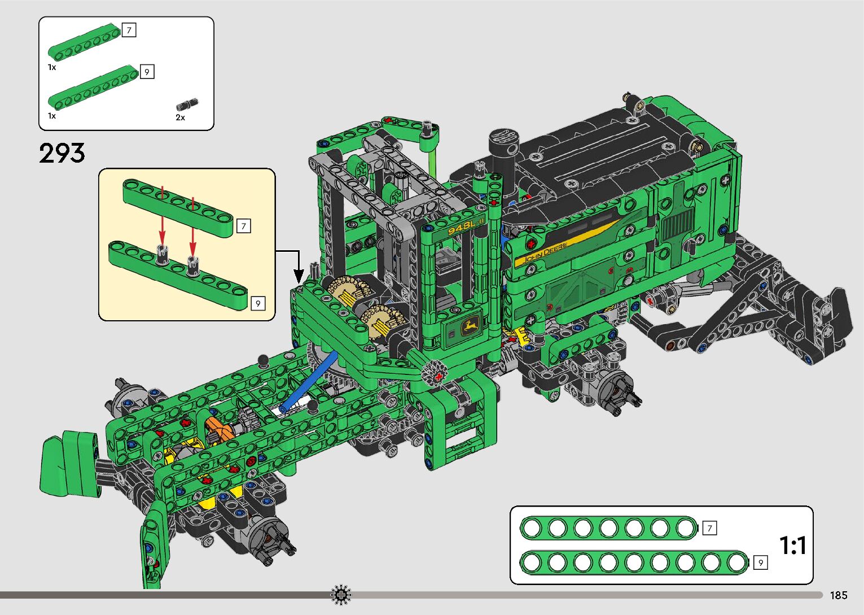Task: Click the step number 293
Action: click(62, 153)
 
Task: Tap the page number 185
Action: click(839, 595)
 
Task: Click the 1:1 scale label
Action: click(793, 545)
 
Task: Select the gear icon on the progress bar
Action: click(341, 595)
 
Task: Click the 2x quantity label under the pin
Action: click(180, 117)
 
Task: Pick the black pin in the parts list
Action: click(187, 104)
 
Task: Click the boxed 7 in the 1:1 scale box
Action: click(710, 528)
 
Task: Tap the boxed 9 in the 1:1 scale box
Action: click(761, 562)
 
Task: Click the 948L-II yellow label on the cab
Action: click(466, 227)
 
